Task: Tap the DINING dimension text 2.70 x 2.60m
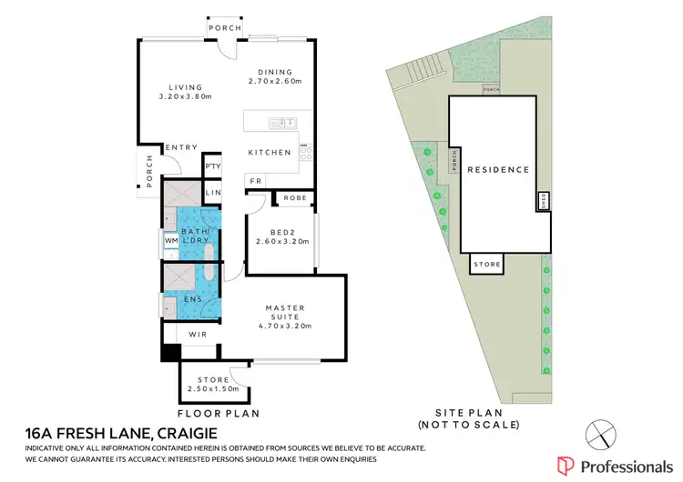[x=279, y=81]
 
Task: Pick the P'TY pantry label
[x=212, y=166]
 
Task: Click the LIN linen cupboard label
[x=212, y=193]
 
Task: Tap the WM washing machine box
[x=170, y=240]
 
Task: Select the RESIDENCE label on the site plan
[x=498, y=170]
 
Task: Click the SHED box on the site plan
[x=545, y=201]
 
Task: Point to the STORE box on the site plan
[x=488, y=265]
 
